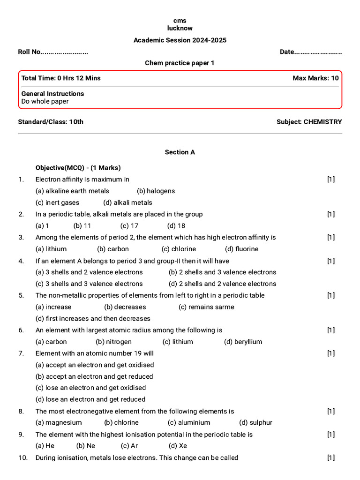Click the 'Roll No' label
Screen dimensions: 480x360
[30, 52]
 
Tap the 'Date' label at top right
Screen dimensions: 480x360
[287, 52]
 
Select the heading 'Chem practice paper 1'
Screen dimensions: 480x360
[180, 63]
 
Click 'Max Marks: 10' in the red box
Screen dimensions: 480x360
[315, 78]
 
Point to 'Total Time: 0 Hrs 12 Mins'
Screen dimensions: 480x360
[61, 78]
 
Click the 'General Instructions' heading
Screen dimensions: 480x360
[52, 94]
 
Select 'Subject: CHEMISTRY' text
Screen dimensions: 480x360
[309, 122]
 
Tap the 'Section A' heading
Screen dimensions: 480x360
[180, 152]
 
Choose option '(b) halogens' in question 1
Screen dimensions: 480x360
[156, 191]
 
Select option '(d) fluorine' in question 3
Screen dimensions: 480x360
[241, 249]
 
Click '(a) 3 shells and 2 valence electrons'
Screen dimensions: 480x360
[89, 272]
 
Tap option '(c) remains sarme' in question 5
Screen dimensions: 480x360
[206, 307]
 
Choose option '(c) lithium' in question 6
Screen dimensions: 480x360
[178, 342]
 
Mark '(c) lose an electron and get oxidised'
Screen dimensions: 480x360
[90, 388]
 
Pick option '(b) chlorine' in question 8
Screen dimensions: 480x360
[121, 422]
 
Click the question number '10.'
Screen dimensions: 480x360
[23, 457]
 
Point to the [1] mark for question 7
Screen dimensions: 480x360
[331, 353]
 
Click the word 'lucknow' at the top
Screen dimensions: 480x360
[180, 28]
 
